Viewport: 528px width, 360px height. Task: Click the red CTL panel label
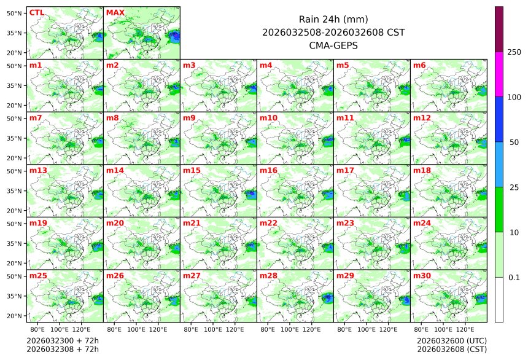pyautogui.click(x=37, y=12)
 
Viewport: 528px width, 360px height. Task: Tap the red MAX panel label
pyautogui.click(x=115, y=12)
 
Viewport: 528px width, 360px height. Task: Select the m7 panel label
pyautogui.click(x=36, y=117)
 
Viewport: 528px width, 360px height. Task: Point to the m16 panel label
pyautogui.click(x=268, y=170)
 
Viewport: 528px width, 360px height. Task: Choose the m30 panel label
pyautogui.click(x=422, y=276)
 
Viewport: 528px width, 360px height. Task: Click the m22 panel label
pyautogui.click(x=268, y=223)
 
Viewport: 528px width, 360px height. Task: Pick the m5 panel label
pyautogui.click(x=343, y=65)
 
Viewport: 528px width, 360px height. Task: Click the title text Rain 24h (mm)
pyautogui.click(x=333, y=20)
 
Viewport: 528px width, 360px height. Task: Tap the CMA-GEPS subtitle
pyautogui.click(x=333, y=45)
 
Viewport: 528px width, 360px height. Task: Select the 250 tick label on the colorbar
pyautogui.click(x=514, y=52)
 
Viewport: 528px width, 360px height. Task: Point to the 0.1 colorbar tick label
pyautogui.click(x=514, y=277)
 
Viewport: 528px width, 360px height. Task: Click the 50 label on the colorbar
pyautogui.click(x=514, y=142)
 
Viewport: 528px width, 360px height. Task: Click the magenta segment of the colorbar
pyautogui.click(x=499, y=74)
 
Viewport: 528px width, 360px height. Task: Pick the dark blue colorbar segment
pyautogui.click(x=499, y=119)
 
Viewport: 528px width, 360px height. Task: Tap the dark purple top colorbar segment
pyautogui.click(x=499, y=29)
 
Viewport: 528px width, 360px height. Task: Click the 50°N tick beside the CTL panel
pyautogui.click(x=15, y=13)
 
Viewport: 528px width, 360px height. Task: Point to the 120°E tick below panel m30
pyautogui.click(x=465, y=330)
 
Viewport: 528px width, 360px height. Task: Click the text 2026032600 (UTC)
pyautogui.click(x=451, y=340)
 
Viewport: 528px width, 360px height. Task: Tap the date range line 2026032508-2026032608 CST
pyautogui.click(x=333, y=33)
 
